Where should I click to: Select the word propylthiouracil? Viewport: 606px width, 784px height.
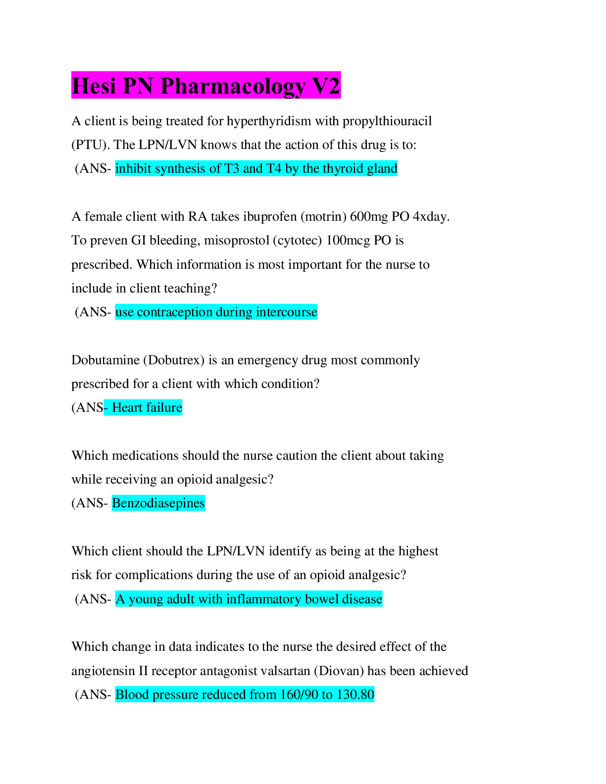pyautogui.click(x=387, y=121)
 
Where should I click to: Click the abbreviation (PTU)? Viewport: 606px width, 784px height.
pyautogui.click(x=89, y=145)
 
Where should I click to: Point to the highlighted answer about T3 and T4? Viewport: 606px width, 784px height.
pyautogui.click(x=256, y=169)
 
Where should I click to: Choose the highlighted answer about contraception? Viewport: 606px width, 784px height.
pyautogui.click(x=216, y=312)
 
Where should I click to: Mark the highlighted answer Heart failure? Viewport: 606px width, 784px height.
pyautogui.click(x=147, y=408)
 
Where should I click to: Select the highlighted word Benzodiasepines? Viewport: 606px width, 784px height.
pyautogui.click(x=158, y=503)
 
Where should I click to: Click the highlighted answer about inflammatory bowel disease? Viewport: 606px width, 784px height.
pyautogui.click(x=249, y=599)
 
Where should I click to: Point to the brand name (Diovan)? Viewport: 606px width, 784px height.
pyautogui.click(x=339, y=671)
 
